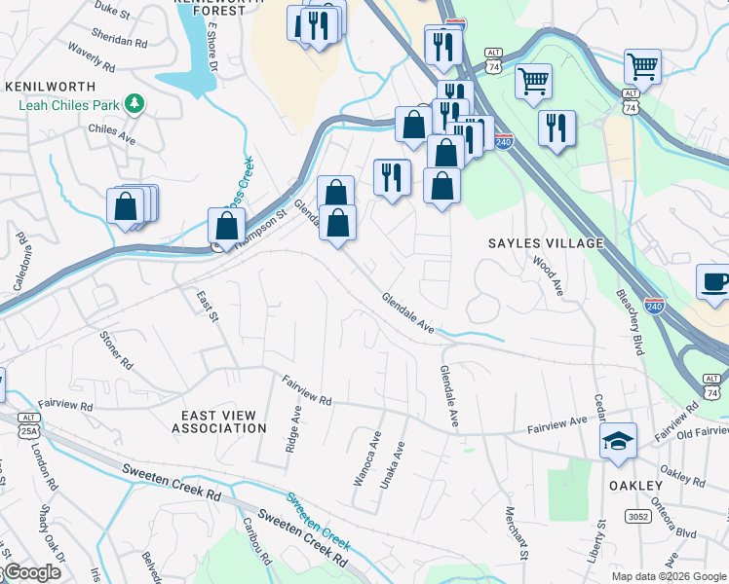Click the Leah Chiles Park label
point(64,103)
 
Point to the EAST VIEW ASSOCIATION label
point(219,421)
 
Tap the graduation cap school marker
point(618,443)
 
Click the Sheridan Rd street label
point(118,44)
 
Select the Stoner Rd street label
point(114,350)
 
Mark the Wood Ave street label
point(548,275)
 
